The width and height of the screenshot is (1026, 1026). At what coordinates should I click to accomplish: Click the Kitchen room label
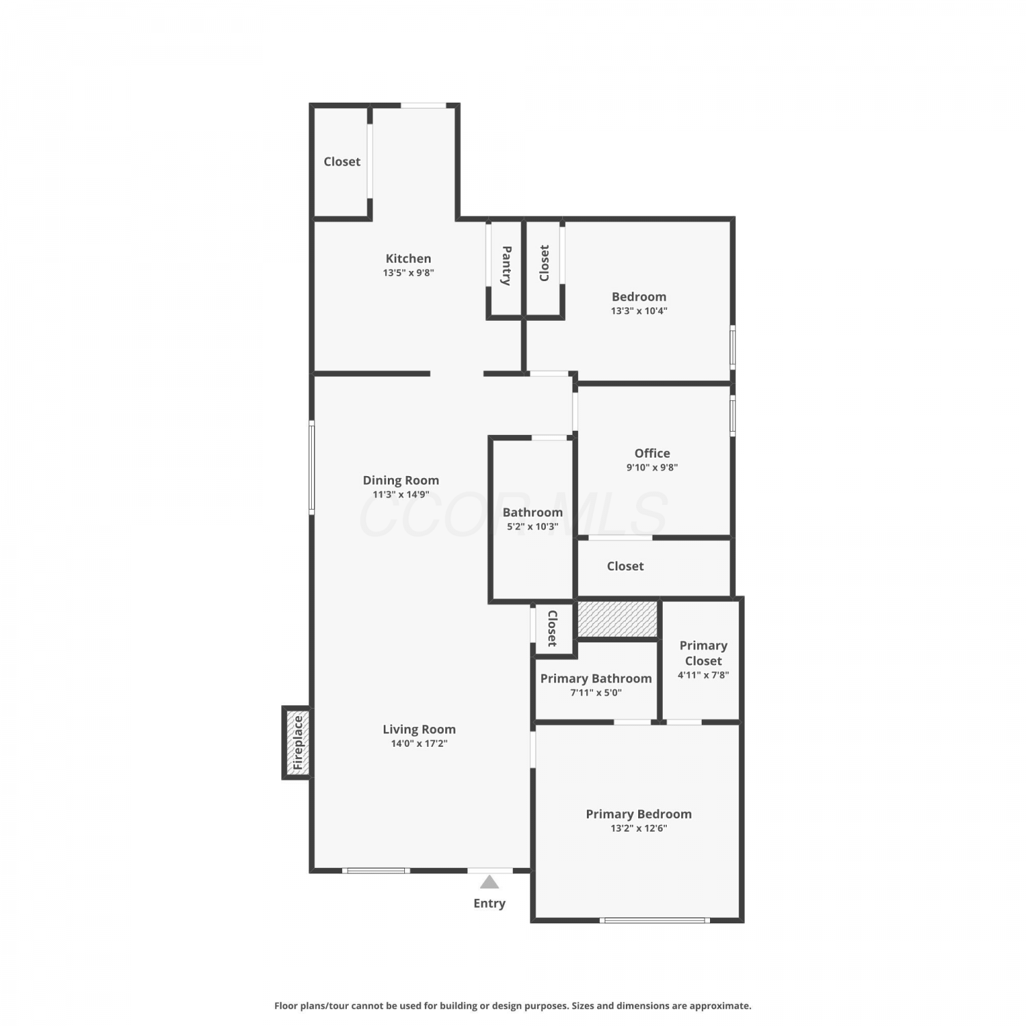point(408,259)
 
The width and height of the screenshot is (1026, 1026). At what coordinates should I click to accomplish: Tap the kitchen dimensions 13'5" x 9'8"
point(408,273)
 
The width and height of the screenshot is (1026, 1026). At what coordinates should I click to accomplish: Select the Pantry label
point(507,265)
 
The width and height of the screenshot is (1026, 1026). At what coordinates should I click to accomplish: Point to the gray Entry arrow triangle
point(490,882)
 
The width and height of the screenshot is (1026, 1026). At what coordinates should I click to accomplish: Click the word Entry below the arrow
point(490,904)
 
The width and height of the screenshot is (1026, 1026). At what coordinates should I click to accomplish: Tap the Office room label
point(653,453)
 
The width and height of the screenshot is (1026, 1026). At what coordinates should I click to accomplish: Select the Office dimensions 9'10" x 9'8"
point(653,468)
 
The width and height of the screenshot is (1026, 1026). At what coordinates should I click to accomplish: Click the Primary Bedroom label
point(639,814)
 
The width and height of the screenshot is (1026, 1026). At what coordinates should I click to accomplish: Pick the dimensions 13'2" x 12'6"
point(639,828)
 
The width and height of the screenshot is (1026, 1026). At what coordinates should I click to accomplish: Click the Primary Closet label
point(703,653)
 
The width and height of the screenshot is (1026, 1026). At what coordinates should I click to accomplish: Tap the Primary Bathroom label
point(596,679)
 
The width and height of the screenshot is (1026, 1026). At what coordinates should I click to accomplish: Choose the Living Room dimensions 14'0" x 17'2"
point(419,744)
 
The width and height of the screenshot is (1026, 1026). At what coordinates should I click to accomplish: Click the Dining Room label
point(401,480)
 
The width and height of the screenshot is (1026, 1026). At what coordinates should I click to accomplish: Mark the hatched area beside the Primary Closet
point(618,618)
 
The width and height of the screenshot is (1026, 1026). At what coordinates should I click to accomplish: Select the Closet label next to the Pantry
point(544,263)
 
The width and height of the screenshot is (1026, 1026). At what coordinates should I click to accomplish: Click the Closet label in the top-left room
point(342,161)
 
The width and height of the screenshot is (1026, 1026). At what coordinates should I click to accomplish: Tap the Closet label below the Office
point(625,566)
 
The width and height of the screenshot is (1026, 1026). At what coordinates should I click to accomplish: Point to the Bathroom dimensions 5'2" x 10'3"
point(533,527)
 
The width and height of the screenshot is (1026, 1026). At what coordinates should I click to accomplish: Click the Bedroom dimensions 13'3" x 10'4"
point(639,311)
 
